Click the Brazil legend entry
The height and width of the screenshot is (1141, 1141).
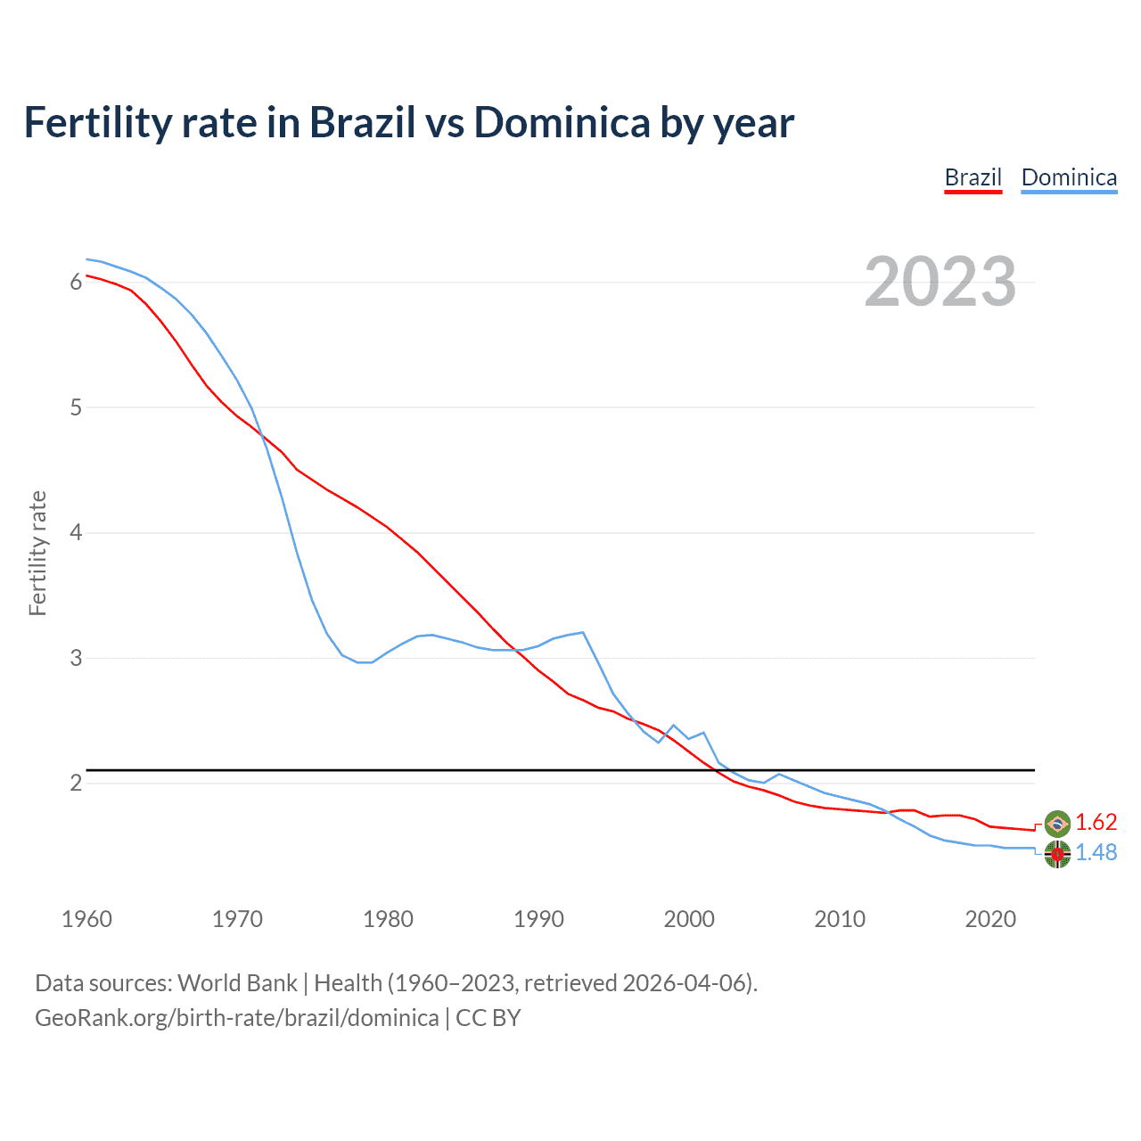coord(973,177)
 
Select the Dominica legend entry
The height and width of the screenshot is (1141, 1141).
coord(1069,177)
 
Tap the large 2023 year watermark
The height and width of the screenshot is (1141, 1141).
coord(940,282)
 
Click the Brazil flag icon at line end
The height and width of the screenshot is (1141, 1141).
coord(1057,823)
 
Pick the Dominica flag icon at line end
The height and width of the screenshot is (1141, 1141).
coord(1057,854)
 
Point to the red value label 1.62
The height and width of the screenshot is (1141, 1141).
coord(1096,822)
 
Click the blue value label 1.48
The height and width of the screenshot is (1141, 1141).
coord(1096,853)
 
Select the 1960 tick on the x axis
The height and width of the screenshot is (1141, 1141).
coord(86,919)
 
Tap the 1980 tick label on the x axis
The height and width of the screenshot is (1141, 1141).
coord(388,919)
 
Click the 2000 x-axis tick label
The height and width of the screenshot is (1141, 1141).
coord(689,919)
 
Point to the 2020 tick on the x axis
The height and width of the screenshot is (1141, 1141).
coord(990,919)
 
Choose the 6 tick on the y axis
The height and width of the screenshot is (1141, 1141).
coord(76,283)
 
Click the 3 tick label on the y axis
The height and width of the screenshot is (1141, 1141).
coord(76,659)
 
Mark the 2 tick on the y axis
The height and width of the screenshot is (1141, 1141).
coord(76,784)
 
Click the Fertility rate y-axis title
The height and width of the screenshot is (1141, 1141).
coord(37,553)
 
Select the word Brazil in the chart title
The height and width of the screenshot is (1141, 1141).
coord(362,123)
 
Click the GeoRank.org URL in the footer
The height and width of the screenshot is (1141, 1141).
coord(236,1018)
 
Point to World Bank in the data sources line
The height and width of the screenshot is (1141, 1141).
coord(237,983)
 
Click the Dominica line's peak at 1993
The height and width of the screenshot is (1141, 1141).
coord(582,632)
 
